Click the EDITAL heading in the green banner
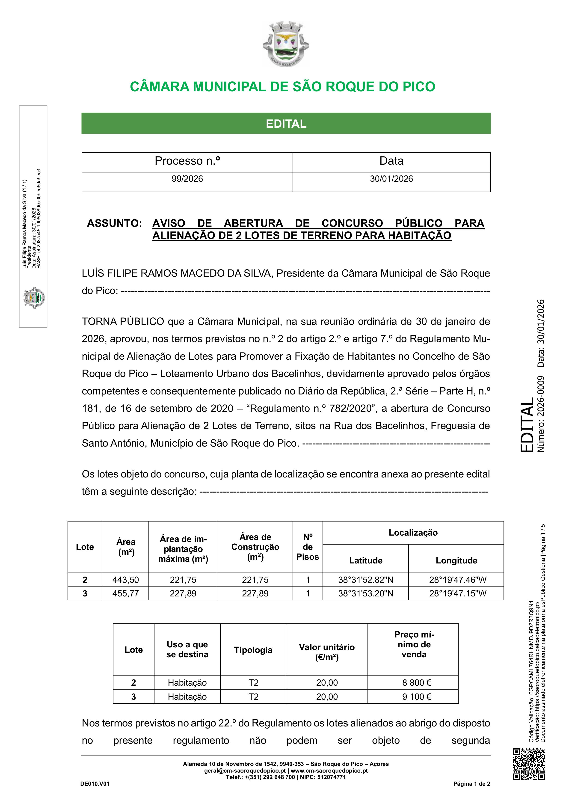click(x=286, y=124)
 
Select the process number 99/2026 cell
click(x=187, y=179)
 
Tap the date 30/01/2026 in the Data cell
click(x=391, y=179)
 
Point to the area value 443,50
click(x=125, y=580)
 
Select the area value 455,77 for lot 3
click(x=125, y=593)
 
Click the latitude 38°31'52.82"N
click(x=365, y=580)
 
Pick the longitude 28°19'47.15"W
click(x=457, y=593)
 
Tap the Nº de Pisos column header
click(x=308, y=547)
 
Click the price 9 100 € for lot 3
click(x=417, y=696)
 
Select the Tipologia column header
click(x=253, y=650)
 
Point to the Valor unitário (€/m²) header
click(x=327, y=652)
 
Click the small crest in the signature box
click(x=34, y=298)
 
